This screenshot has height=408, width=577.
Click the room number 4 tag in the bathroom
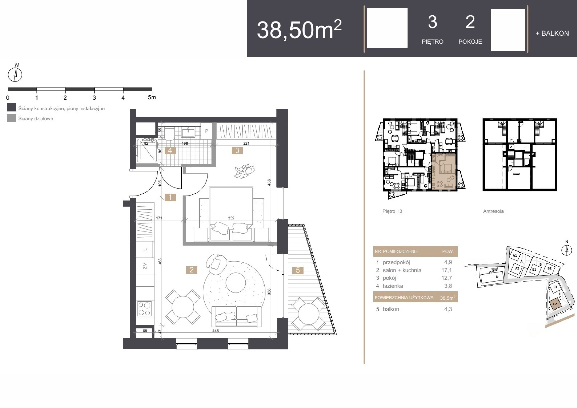coord(170,151)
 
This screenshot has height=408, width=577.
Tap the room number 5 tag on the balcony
coord(298,270)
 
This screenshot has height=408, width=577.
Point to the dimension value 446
coord(215,331)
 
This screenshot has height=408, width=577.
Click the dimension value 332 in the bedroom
coord(231,218)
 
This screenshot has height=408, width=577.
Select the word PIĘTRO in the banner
coord(432,42)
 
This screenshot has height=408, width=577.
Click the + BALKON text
coord(552,33)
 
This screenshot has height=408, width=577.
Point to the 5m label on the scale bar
coord(152,97)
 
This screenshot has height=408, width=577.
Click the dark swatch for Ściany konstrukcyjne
coord(12,107)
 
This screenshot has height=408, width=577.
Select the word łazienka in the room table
coord(393,286)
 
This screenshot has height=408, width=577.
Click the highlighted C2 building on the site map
coord(555,304)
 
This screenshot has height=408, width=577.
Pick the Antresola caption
coord(493,211)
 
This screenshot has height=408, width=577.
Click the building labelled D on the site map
coord(492,276)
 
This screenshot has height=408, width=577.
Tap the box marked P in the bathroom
coord(207,131)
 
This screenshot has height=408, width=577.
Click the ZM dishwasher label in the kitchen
coord(145,266)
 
